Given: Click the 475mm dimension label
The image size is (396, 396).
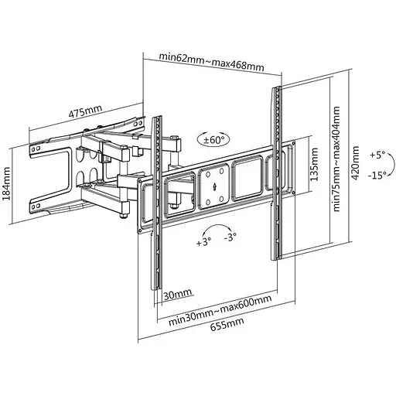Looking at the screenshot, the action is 85,111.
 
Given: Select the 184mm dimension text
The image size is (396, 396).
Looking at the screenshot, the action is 6,183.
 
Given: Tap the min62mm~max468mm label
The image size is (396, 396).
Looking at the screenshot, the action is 211,62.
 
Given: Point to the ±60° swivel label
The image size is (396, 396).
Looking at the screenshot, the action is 213,140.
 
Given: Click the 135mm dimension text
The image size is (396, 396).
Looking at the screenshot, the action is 314,164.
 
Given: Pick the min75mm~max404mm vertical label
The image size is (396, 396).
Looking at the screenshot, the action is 336,159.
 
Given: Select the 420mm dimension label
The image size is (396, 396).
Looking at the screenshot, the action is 355,163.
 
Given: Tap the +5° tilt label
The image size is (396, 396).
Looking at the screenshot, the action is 377,155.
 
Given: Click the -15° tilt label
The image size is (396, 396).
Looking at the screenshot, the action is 377,176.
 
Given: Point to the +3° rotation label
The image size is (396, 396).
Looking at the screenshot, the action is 203,241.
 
